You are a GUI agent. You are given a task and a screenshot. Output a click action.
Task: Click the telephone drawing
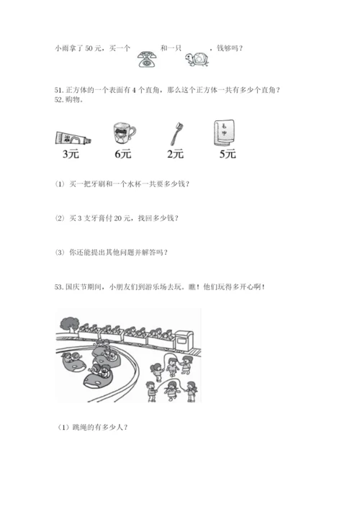coord(148,59)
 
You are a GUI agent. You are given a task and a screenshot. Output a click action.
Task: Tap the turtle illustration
coord(197,59)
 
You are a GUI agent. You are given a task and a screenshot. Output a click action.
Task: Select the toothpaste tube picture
coord(73,138)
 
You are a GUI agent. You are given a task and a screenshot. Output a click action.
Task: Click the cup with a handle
coord(125,133)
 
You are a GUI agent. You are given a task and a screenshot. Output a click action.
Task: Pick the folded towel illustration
coord(225,132)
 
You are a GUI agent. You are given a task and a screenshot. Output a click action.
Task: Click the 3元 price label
coord(71,154)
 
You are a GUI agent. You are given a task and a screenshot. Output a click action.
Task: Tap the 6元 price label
coord(123,154)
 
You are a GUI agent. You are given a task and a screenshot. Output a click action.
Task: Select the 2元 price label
coord(175,154)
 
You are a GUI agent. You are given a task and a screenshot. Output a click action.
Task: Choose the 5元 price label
coord(228,154)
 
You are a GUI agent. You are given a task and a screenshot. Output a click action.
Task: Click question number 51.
coord(59,90)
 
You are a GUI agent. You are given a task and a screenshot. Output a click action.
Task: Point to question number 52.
coord(59,100)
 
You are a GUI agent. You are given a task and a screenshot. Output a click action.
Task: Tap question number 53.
coord(59,287)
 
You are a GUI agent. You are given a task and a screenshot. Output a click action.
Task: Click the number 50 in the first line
coord(89,48)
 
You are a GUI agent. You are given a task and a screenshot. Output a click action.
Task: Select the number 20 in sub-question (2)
coord(118,218)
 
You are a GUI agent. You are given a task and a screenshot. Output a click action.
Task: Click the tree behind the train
coord(69,324)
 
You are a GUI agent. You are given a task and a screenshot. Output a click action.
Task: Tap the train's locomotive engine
coord(184,341)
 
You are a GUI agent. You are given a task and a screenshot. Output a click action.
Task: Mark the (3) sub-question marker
coord(60,253)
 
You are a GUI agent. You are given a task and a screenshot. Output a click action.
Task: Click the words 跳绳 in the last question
coord(79,428)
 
